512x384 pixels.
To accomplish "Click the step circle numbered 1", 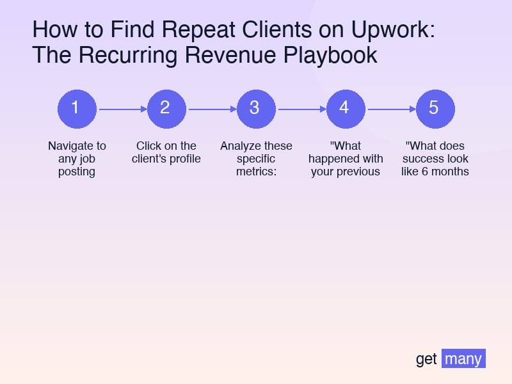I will pos(77,108).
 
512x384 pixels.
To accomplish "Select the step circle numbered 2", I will pos(166,108).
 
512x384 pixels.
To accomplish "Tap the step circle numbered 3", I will pos(256,108).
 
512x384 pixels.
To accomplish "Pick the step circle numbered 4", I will pos(346,108).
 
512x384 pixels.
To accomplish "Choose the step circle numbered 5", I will pos(435,108).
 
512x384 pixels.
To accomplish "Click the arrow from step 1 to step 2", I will pos(122,109).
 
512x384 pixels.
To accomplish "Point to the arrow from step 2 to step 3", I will pos(211,109).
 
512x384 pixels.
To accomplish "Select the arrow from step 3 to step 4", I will pos(301,109).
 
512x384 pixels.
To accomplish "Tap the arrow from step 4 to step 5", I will pos(390,109).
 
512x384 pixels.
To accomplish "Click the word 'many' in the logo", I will pos(463,358).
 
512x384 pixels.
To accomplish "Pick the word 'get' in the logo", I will pos(426,360).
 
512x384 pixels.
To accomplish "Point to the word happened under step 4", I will pos(333,159).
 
